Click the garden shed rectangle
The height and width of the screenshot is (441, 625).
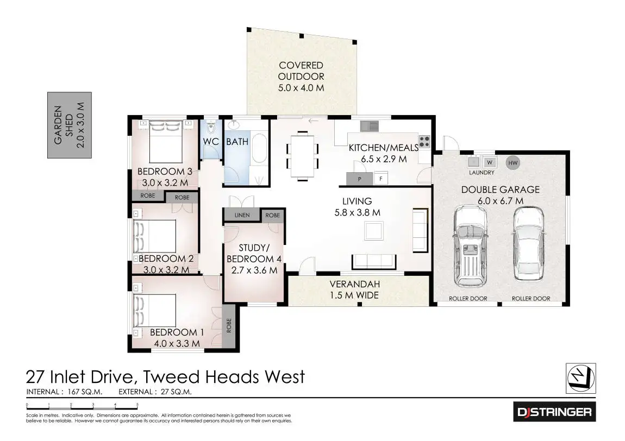pyautogui.click(x=69, y=125)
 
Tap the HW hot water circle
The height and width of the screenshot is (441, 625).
pyautogui.click(x=512, y=162)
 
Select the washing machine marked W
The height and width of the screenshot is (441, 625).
pyautogui.click(x=489, y=162)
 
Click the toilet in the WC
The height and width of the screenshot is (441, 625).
pyautogui.click(x=210, y=128)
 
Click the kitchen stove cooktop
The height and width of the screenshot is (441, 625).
pyautogui.click(x=424, y=142)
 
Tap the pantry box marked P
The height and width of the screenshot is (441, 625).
pyautogui.click(x=359, y=178)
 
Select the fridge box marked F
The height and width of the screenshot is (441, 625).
pyautogui.click(x=380, y=178)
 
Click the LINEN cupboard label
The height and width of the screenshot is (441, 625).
pyautogui.click(x=242, y=215)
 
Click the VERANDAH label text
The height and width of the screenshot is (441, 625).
pyautogui.click(x=355, y=284)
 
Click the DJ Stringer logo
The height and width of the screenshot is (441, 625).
pyautogui.click(x=554, y=412)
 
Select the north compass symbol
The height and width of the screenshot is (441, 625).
pyautogui.click(x=580, y=377)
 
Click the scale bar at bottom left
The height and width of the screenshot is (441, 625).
pyautogui.click(x=82, y=406)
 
